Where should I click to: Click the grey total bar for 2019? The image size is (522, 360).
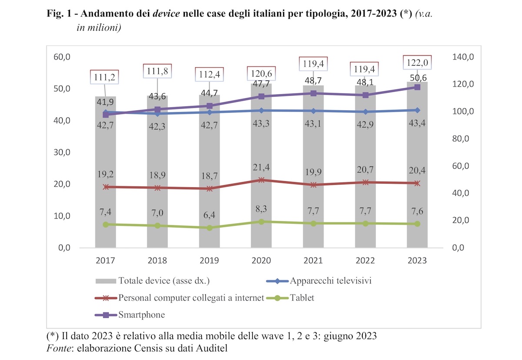[209, 174]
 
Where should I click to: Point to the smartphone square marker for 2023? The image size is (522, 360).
[417, 87]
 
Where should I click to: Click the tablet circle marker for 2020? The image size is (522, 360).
[261, 222]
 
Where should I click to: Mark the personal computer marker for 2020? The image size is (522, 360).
[261, 180]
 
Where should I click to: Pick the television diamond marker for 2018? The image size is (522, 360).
[157, 113]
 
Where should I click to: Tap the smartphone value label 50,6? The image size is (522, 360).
[417, 78]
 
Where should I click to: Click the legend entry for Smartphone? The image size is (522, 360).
[141, 315]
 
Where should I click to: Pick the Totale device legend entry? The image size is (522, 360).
[164, 281]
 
